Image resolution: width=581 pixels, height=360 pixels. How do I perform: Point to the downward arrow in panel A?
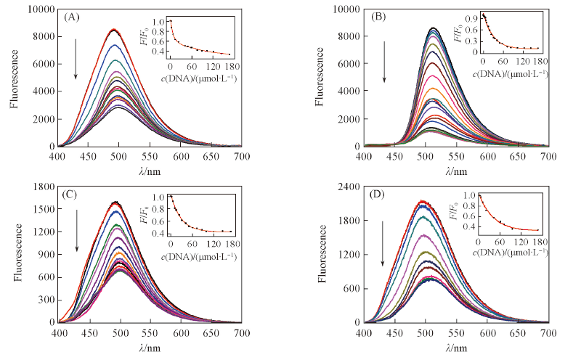pos(76,65)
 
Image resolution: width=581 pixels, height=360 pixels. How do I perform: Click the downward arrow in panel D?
pos(381,243)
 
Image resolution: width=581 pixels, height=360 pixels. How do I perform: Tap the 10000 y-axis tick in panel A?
pos(38,9)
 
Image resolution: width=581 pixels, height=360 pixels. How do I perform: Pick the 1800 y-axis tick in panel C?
pos(41,186)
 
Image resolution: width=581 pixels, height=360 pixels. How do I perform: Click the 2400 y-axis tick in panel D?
pos(347,186)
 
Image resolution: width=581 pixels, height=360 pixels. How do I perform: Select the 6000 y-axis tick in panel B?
pos(346,64)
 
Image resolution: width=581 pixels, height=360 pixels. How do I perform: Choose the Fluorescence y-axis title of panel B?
pos(321,78)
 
